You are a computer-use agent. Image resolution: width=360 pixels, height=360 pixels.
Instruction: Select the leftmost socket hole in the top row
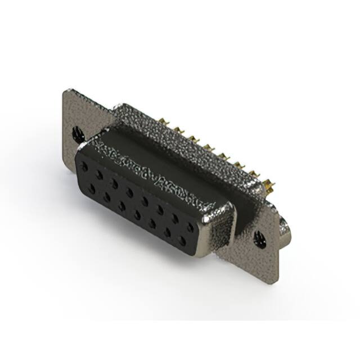pos(84,166)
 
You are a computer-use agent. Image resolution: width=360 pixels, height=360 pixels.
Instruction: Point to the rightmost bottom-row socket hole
pos(182,240)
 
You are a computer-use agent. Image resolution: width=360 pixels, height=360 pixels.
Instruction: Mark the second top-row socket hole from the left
pos(99,174)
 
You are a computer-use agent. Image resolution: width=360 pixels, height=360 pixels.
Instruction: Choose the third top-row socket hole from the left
pos(114,183)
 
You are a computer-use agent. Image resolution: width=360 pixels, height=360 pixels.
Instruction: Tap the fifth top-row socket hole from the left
pos(146,200)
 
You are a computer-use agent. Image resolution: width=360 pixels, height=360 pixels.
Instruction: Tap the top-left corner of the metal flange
pos(66,89)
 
